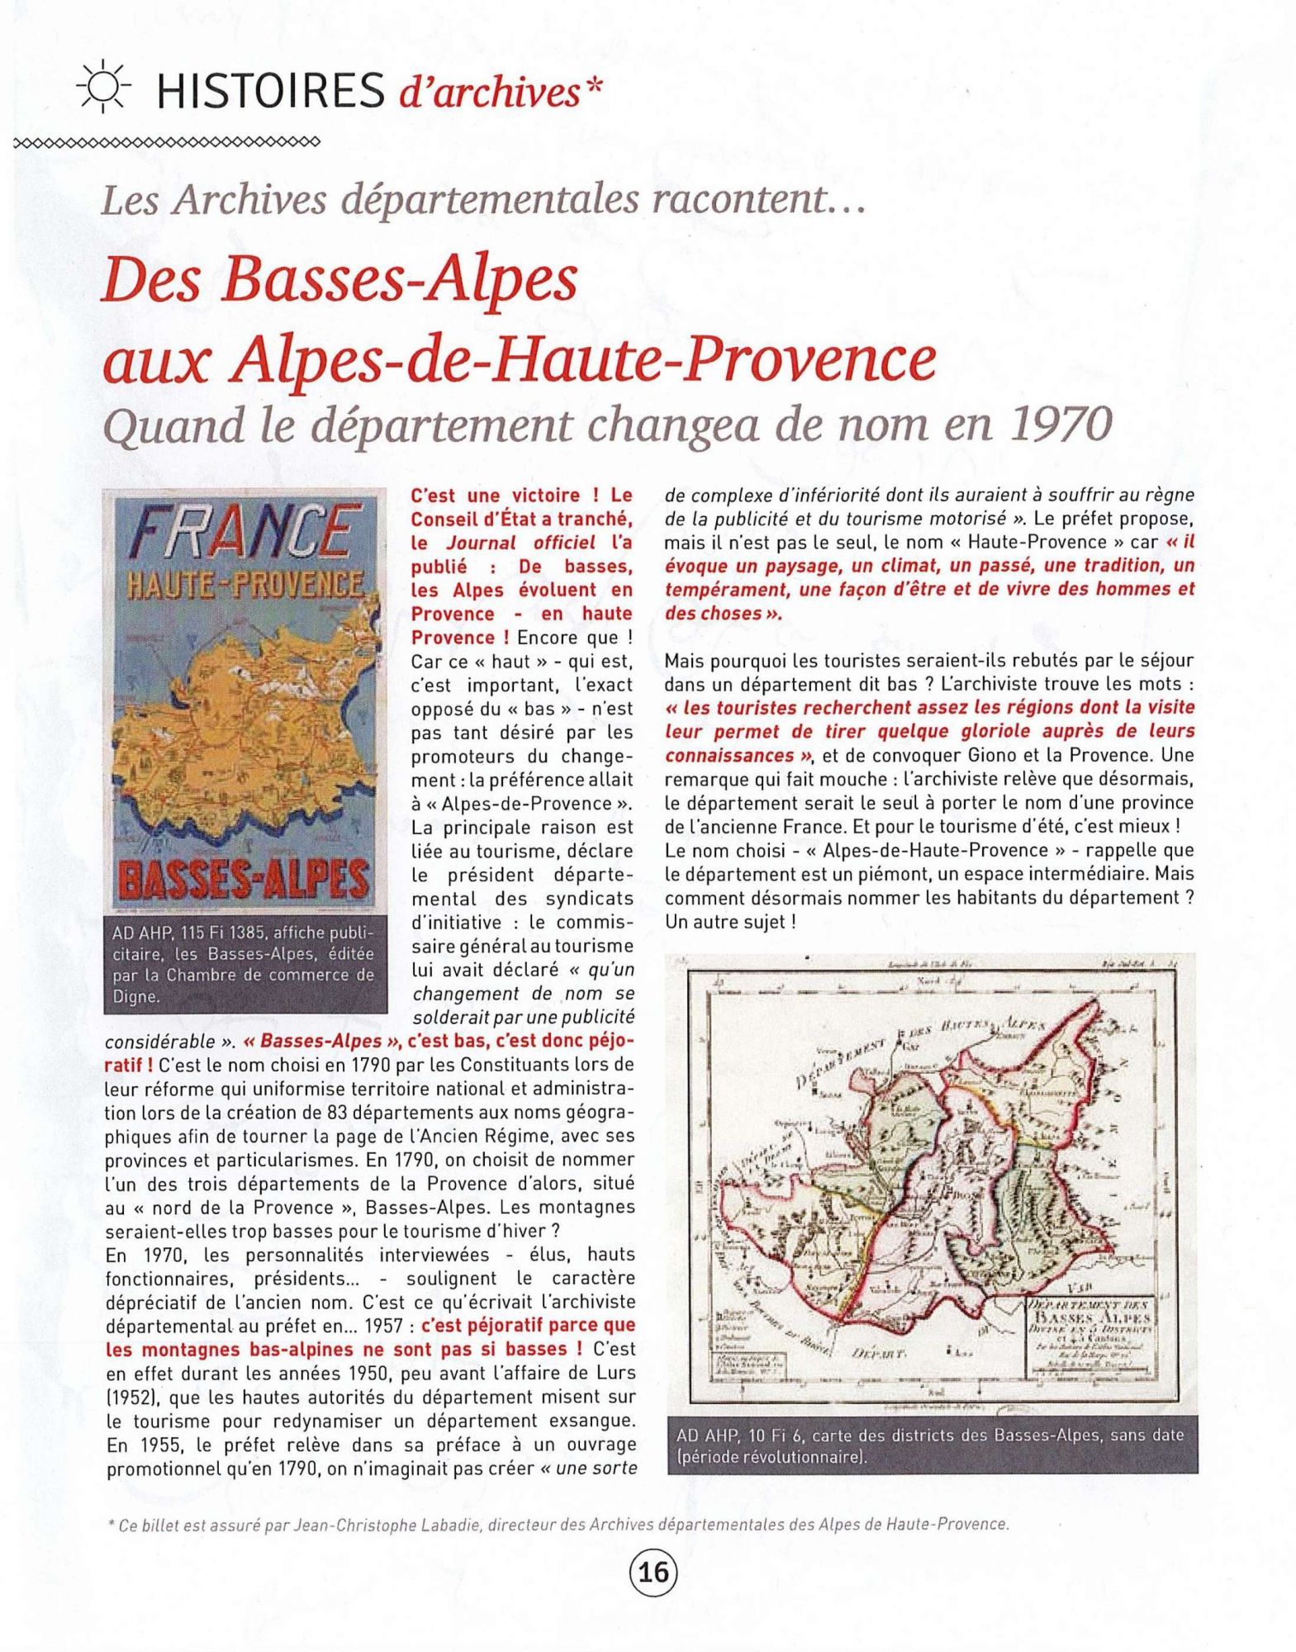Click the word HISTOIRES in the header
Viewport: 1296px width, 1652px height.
(270, 91)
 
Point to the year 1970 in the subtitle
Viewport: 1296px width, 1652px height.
(1061, 425)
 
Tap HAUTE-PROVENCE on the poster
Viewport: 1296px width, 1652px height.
(244, 586)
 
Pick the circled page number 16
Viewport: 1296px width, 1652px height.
(653, 1573)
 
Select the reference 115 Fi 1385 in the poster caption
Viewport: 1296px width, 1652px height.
(222, 933)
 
